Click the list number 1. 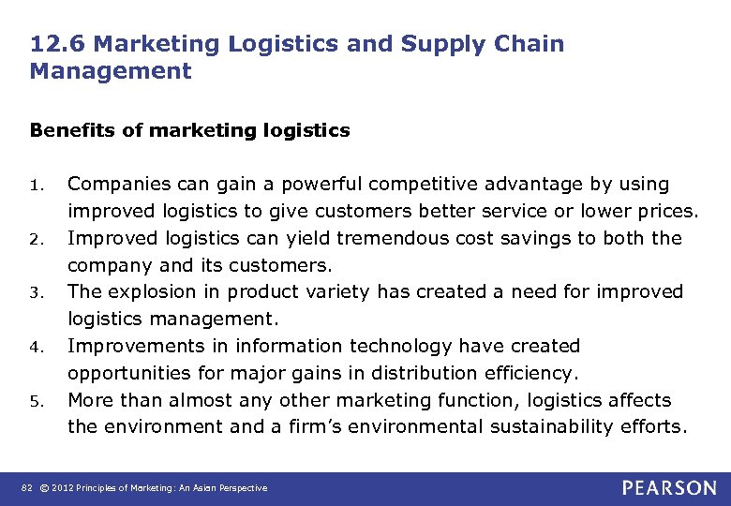[x=36, y=186]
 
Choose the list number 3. [x=36, y=293]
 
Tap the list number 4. [x=36, y=348]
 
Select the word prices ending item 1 [x=666, y=211]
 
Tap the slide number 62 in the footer [x=28, y=488]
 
